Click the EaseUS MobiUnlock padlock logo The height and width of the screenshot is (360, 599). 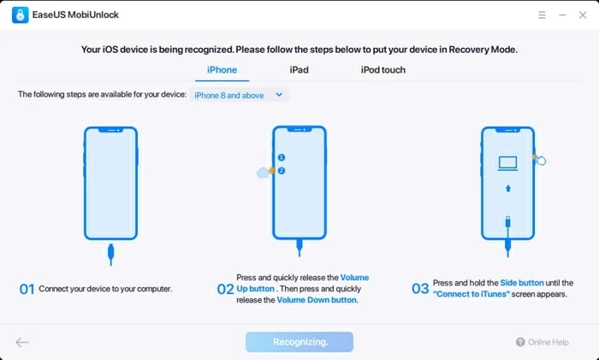(x=21, y=15)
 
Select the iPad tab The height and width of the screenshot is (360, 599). (x=299, y=70)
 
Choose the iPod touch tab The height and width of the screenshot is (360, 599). (x=383, y=70)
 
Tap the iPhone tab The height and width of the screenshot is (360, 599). (x=222, y=70)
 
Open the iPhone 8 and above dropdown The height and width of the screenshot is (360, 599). (x=239, y=95)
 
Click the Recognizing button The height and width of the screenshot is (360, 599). (x=299, y=342)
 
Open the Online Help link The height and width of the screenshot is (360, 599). (x=543, y=342)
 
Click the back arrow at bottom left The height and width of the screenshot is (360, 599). (x=22, y=342)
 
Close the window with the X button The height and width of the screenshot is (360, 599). (x=583, y=15)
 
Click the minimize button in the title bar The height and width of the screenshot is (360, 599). (x=562, y=15)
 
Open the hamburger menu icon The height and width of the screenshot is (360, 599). (x=542, y=15)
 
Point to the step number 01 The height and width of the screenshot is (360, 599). (x=27, y=289)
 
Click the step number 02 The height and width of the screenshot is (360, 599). (x=225, y=289)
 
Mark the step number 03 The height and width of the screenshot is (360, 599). (x=420, y=288)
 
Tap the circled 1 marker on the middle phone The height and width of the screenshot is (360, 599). (x=282, y=157)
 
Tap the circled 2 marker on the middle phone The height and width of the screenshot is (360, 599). (x=282, y=171)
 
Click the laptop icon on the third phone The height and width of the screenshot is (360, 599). (x=508, y=163)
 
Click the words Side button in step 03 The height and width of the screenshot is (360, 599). (x=522, y=283)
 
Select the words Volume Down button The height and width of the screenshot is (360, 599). (x=317, y=300)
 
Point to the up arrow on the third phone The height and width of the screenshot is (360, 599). (x=508, y=188)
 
